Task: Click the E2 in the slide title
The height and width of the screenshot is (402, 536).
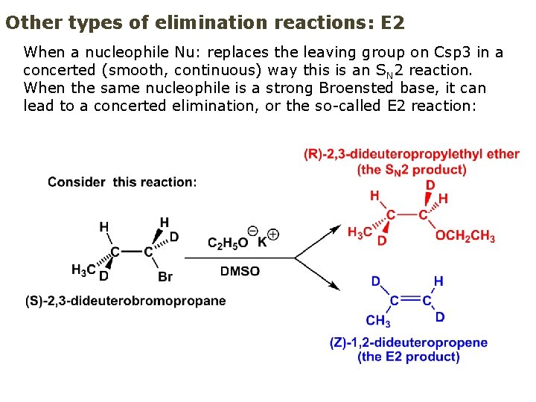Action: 392,22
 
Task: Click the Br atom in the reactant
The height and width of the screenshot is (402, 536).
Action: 165,277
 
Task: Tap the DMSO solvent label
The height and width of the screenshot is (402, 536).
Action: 240,271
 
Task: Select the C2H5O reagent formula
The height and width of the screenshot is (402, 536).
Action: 228,243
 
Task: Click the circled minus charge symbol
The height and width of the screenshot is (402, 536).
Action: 253,231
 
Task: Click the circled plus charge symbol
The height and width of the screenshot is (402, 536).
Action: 273,234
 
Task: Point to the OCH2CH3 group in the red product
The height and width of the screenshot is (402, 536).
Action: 465,237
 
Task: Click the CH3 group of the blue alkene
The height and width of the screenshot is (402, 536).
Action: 378,321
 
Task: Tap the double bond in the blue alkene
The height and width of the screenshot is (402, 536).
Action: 410,300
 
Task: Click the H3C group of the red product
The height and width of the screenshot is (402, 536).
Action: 360,232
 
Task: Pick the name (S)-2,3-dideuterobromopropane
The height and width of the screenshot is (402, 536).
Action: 125,301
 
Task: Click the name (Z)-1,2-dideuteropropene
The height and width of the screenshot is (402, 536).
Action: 409,342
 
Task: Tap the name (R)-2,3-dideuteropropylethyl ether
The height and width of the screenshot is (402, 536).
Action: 412,154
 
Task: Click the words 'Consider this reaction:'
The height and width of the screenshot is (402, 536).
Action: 122,182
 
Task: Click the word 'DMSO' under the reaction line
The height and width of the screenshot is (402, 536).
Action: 240,271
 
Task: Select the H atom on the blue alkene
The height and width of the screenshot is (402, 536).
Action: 438,281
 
